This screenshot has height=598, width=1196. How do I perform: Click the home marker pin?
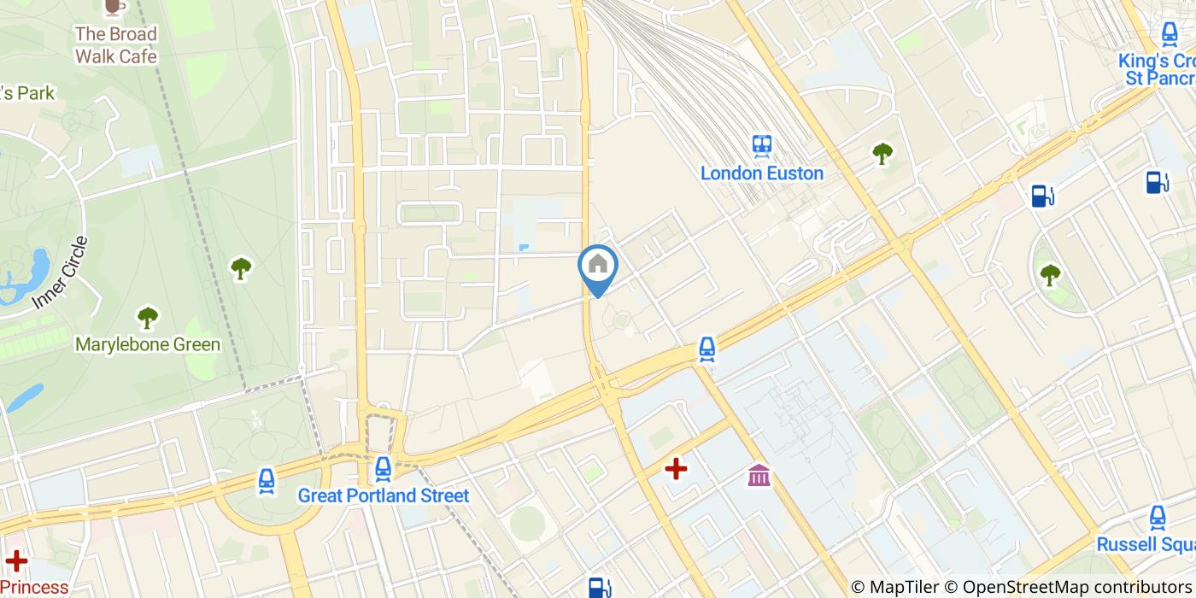click(x=598, y=267)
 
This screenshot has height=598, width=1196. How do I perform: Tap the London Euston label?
click(x=762, y=173)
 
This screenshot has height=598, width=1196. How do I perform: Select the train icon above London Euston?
click(x=762, y=145)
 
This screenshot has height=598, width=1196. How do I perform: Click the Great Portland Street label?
click(x=384, y=495)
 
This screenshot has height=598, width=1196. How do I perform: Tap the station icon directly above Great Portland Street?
click(x=383, y=468)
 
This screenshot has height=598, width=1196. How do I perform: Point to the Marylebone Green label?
click(x=148, y=345)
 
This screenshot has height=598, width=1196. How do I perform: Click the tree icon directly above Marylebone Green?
click(x=148, y=318)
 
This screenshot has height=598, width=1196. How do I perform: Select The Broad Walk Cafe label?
click(x=116, y=45)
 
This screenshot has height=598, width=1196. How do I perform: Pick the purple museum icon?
click(x=759, y=475)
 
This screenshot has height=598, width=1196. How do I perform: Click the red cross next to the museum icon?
click(x=676, y=468)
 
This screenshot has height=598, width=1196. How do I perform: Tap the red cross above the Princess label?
click(x=15, y=561)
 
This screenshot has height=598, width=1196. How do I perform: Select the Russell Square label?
click(x=1146, y=544)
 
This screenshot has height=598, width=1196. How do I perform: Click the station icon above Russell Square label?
click(x=1158, y=517)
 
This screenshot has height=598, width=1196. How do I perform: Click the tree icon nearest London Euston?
click(x=882, y=154)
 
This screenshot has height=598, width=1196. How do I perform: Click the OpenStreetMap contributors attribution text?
click(x=1078, y=587)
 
